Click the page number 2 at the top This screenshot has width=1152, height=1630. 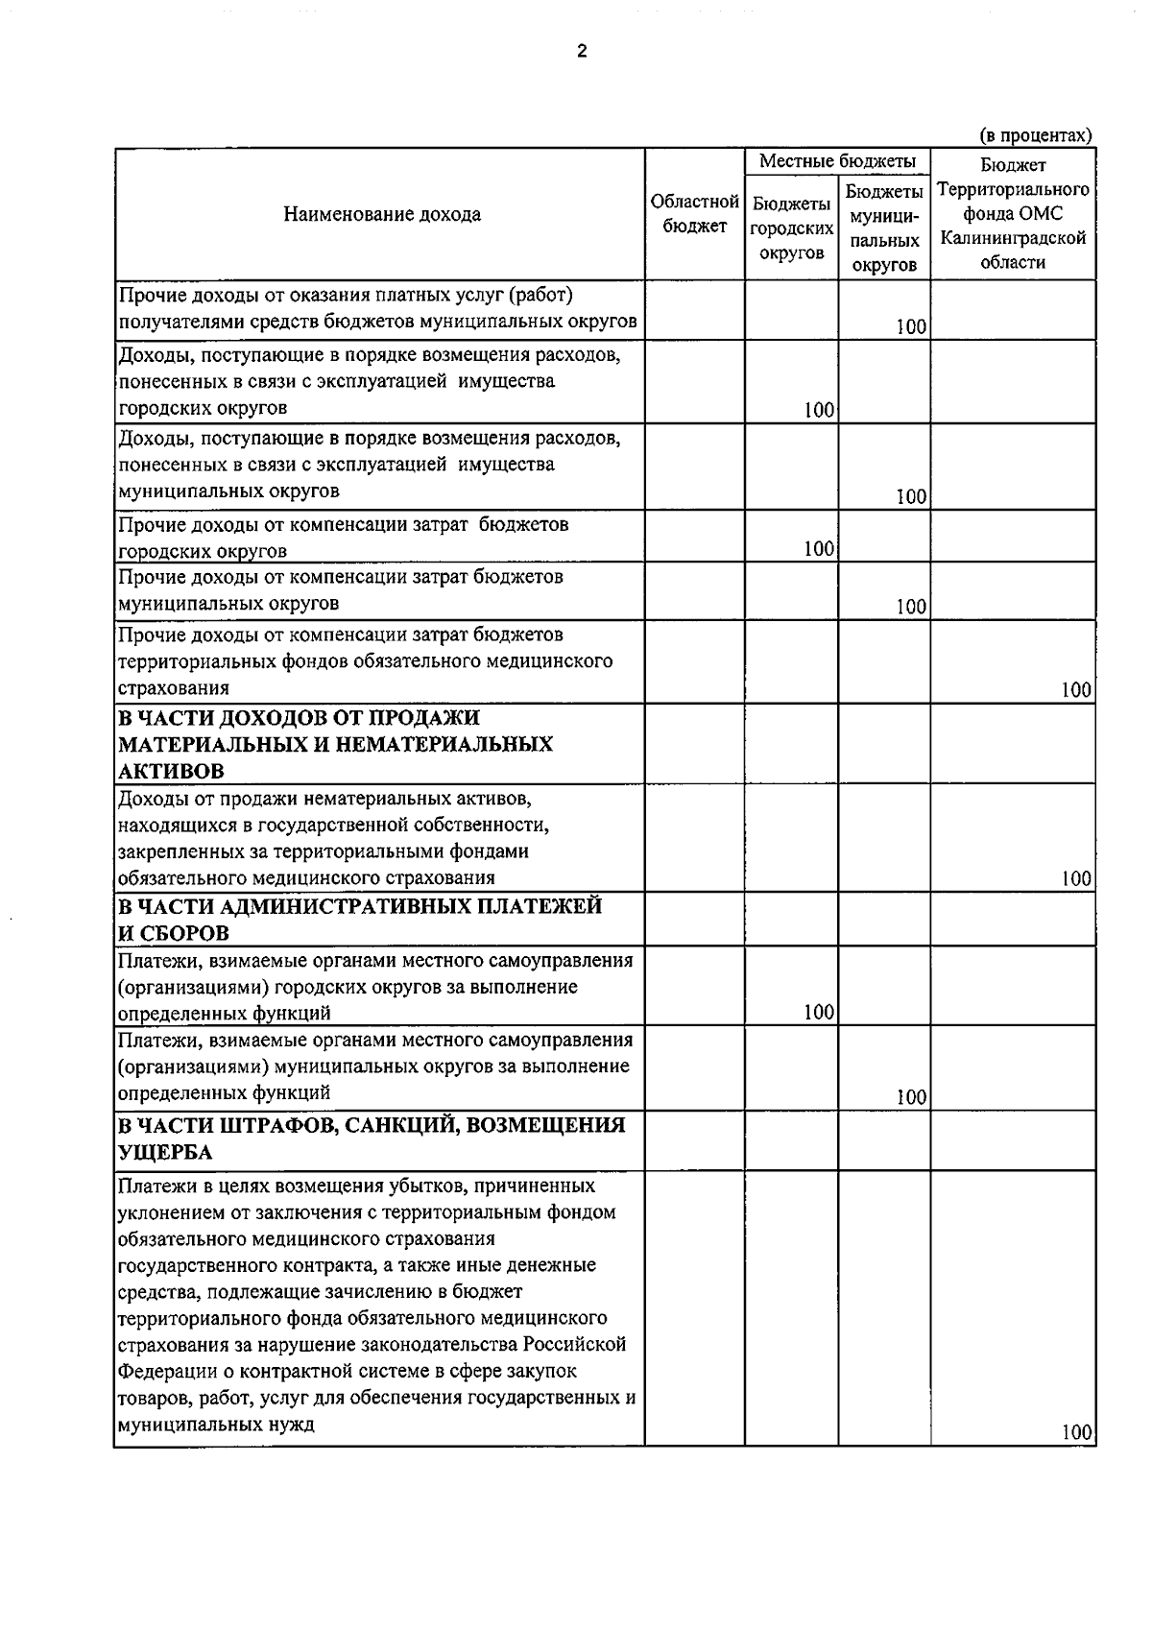coord(581,52)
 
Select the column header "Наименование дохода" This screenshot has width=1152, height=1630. coord(381,214)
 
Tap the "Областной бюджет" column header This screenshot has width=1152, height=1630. coord(694,214)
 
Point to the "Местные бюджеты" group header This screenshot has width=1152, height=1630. coord(837,161)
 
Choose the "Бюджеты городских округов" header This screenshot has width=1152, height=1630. coord(791,228)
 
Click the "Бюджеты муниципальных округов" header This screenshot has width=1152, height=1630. coord(883,228)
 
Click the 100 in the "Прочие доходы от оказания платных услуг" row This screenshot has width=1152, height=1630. coord(910,327)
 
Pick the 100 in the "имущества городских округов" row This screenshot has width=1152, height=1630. coord(818,411)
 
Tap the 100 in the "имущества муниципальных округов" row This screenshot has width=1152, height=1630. coord(910,496)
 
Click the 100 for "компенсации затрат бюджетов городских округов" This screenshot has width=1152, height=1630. coord(818,548)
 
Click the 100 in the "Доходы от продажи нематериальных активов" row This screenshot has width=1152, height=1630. coord(1076,878)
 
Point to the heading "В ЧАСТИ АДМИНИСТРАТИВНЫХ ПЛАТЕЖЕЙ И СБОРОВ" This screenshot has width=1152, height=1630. coord(359,920)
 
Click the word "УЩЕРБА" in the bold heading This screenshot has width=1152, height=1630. coord(165,1152)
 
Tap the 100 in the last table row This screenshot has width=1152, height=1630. coord(1076,1433)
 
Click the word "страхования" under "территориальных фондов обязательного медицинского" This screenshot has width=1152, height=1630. coord(174,688)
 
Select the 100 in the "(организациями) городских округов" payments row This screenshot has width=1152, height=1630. coord(818,1012)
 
